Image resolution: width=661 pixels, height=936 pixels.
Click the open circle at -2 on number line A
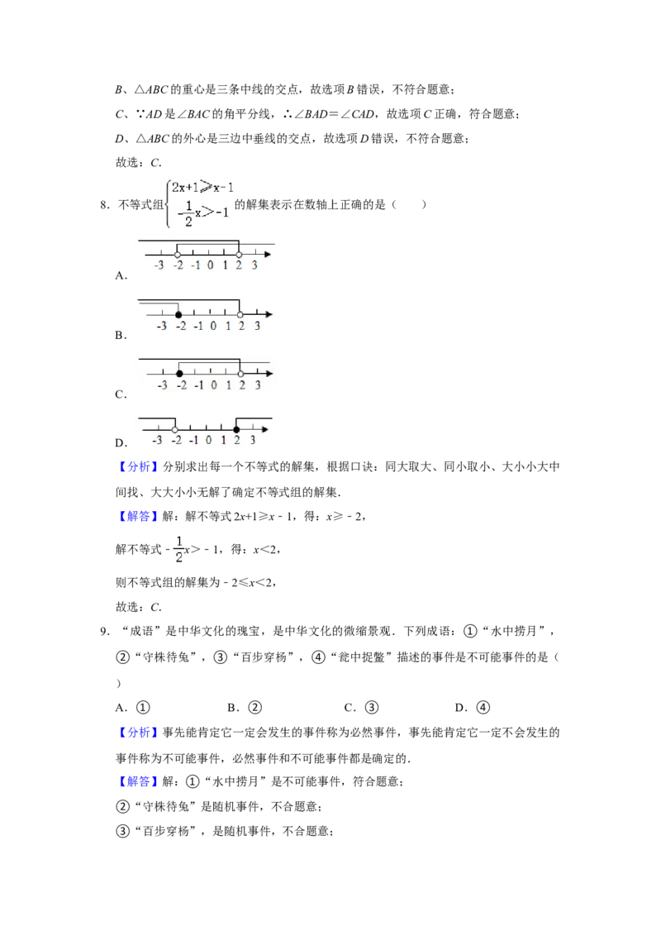[x=177, y=255]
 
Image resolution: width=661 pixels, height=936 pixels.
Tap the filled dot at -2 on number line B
[x=178, y=314]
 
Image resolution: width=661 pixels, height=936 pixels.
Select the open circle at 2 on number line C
[x=240, y=374]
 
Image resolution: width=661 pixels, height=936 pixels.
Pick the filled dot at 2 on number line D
[x=237, y=430]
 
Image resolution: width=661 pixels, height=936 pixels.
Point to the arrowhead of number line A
[x=269, y=255]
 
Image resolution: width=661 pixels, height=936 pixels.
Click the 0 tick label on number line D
[x=208, y=441]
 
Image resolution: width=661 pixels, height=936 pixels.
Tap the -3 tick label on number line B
[x=161, y=326]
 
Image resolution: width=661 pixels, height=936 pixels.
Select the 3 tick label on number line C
[x=258, y=385]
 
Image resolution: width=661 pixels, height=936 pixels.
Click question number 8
[x=105, y=205]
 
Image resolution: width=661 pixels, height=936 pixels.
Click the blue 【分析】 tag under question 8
[x=135, y=467]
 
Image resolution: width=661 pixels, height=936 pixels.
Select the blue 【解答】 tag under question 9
[x=135, y=781]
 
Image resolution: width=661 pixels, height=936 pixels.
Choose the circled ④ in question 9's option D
[x=483, y=708]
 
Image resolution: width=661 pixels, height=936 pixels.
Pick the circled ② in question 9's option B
[x=254, y=708]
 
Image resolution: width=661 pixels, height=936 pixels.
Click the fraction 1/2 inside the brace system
[x=189, y=213]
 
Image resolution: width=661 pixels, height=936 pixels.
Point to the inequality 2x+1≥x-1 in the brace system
[x=202, y=188]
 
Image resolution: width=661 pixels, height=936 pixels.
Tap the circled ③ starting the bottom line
[x=122, y=832]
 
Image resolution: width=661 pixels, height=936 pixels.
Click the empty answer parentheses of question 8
[x=409, y=205]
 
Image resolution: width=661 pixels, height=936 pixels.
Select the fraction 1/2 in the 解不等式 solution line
[x=179, y=549]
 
